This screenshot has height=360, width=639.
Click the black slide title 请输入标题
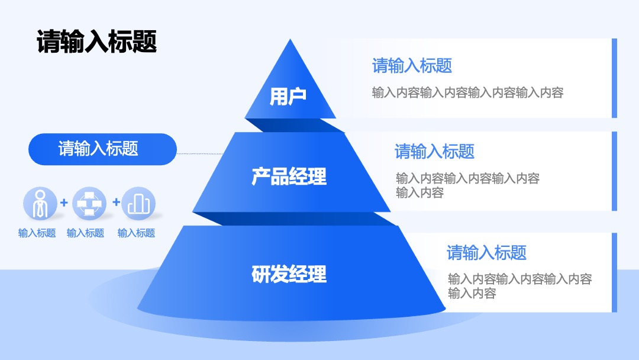pos(96,41)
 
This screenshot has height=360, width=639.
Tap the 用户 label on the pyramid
pos(288,97)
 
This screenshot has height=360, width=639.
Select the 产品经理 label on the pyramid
pos(289,176)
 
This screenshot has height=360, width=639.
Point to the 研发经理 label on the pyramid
pos(289,274)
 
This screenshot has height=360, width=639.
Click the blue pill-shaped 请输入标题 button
pos(102,149)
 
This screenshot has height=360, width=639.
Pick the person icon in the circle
pos(40,204)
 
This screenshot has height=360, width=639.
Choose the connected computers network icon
pos(89,204)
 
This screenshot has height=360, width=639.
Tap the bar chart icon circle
pos(138,204)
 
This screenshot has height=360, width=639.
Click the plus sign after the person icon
pos(64,202)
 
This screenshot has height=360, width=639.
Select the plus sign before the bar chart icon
pos(116,202)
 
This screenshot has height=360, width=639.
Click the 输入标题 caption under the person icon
pos(37,233)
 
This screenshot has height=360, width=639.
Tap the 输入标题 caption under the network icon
pos(86,233)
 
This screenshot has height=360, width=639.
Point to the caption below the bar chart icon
pos(137,233)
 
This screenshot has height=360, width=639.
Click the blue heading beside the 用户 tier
pos(412,66)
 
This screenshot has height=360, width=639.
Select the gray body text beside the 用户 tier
pos(468,93)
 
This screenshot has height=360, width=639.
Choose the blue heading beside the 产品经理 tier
pos(434,151)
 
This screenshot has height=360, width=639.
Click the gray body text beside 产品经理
pos(468,185)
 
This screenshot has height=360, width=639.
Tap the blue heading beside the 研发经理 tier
pos(486,253)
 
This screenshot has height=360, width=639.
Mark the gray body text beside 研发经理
pos(520,286)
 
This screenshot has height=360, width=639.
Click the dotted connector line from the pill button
pos(200,154)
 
